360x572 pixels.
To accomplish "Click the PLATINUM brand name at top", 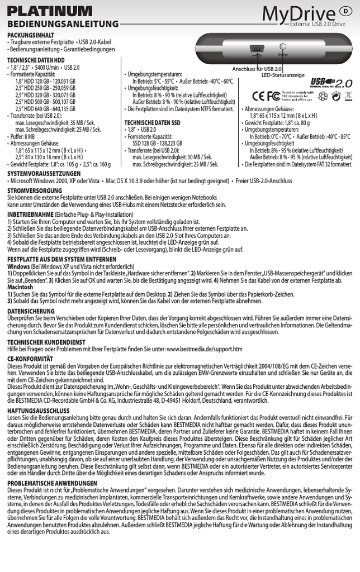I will click(x=49, y=11).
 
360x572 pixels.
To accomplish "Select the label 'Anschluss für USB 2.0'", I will click(x=257, y=68).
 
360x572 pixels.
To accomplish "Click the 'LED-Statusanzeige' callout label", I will click(x=283, y=74).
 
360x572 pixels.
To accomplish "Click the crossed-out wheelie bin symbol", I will click(x=348, y=96).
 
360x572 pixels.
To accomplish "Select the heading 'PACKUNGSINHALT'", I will click(x=27, y=35).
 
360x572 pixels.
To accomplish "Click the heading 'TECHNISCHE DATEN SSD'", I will click(x=152, y=122).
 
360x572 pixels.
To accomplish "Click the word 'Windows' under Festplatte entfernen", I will click(x=18, y=266).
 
